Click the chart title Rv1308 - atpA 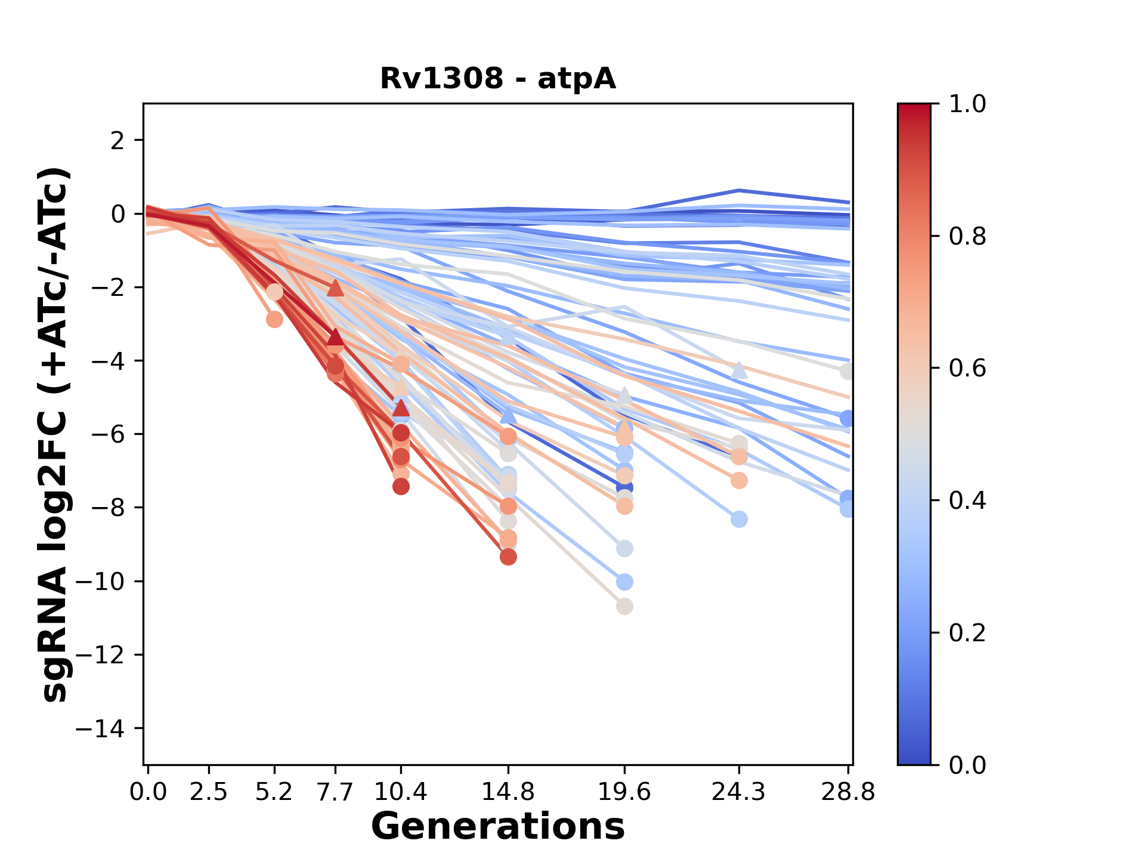[498, 79]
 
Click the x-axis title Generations [498, 827]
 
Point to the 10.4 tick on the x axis [401, 792]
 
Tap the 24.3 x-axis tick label [739, 792]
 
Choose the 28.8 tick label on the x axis [848, 792]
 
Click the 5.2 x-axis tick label [274, 792]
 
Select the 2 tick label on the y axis [119, 141]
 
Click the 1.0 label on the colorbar [968, 104]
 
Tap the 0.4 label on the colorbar [968, 500]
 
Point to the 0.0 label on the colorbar [968, 765]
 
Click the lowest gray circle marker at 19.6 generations [624, 607]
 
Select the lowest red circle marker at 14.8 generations [508, 557]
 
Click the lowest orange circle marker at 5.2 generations [274, 320]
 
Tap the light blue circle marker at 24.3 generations [739, 520]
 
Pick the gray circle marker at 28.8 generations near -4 [847, 372]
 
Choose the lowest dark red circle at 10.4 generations [401, 487]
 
